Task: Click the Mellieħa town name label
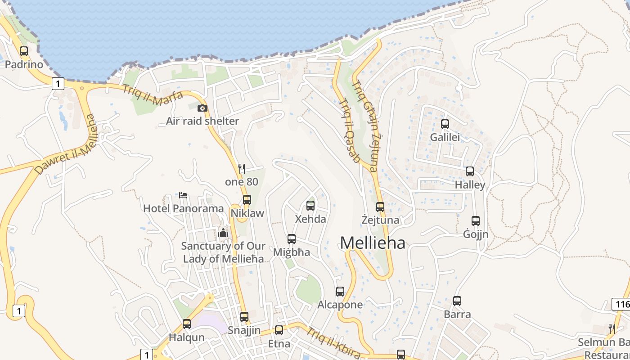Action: click(373, 243)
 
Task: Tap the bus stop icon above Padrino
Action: click(24, 51)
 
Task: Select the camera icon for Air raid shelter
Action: click(202, 108)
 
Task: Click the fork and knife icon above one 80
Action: click(242, 169)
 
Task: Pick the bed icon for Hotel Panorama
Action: click(183, 195)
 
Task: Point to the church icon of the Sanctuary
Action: click(223, 233)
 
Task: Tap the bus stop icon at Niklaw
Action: click(247, 200)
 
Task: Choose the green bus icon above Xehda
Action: click(310, 206)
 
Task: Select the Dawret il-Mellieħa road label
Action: click(66, 144)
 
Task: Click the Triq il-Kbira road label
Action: click(333, 342)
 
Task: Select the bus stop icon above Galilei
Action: click(445, 124)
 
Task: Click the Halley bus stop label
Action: click(470, 185)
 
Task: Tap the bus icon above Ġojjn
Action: click(476, 221)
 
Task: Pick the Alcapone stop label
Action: click(340, 305)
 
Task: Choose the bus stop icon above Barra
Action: click(457, 301)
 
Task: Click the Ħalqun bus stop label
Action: click(186, 337)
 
